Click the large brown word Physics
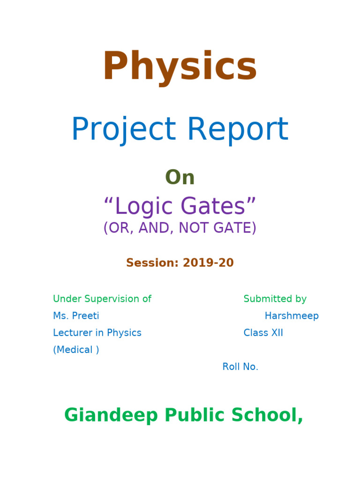180,67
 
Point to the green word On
180,178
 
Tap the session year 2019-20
208,263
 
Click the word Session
150,263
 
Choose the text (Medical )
76,350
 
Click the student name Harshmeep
292,316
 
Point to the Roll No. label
240,367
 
